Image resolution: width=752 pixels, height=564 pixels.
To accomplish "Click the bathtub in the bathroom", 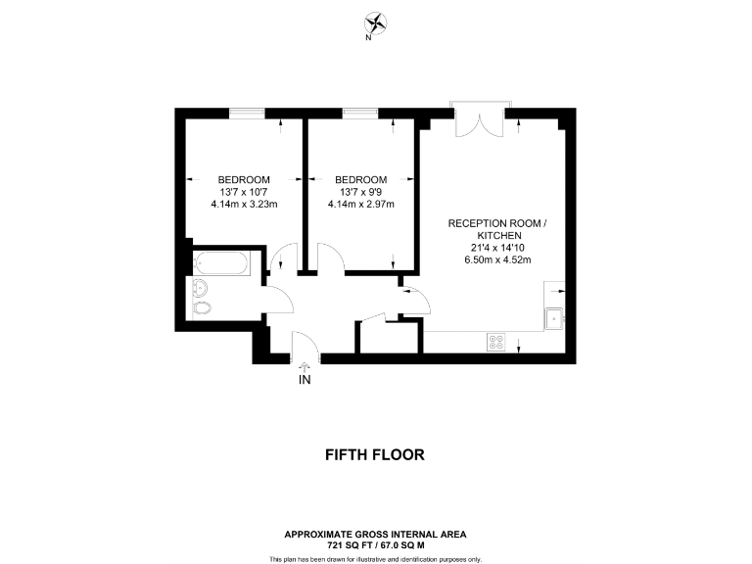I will point(224,263).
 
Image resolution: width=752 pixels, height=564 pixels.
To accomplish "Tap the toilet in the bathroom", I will point(203,310).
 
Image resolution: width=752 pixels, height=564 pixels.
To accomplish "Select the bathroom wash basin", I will point(202,287).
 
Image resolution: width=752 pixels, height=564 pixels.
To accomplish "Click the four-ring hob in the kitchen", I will point(496,342).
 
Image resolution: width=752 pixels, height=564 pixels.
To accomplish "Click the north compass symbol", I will point(375,23).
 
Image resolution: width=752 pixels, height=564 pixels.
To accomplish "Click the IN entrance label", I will point(305,380).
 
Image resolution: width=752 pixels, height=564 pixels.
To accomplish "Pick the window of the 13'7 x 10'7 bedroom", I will point(247,114).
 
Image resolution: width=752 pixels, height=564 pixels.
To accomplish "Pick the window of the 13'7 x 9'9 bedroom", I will point(360,114).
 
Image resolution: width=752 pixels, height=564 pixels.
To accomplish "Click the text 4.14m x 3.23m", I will point(245,205).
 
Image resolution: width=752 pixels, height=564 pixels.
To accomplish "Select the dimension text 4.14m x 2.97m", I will point(360,205).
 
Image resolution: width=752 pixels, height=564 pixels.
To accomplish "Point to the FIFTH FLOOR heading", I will point(375,454).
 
